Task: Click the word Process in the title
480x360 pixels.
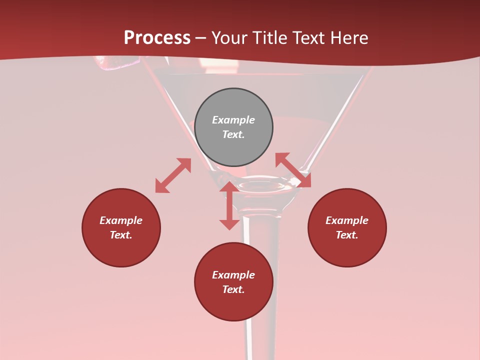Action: point(157,38)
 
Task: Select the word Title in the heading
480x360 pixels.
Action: point(270,38)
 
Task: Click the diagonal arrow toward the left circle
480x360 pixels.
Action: point(173,175)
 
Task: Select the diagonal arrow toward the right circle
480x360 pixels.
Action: point(293,170)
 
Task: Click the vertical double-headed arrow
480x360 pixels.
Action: point(229,205)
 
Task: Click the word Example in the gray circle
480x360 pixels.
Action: point(233,120)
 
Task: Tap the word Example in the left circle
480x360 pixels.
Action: point(121,220)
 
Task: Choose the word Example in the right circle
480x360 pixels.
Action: point(347,220)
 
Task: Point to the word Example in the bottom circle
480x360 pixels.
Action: point(233,275)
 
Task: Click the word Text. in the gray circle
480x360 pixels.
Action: point(233,134)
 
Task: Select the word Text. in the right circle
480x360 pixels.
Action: point(347,235)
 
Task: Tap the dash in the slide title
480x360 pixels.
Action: point(201,38)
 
